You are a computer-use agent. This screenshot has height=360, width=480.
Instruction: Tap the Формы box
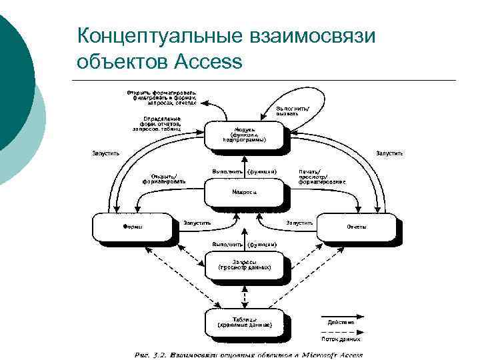[133, 227]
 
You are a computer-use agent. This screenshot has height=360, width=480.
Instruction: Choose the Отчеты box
[356, 227]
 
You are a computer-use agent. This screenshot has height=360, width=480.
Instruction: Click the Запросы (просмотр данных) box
[244, 265]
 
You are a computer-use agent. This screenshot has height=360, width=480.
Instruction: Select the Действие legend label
[341, 323]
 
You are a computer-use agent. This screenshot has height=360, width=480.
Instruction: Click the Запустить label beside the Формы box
[197, 223]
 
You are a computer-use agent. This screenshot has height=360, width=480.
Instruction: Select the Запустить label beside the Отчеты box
[299, 223]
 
